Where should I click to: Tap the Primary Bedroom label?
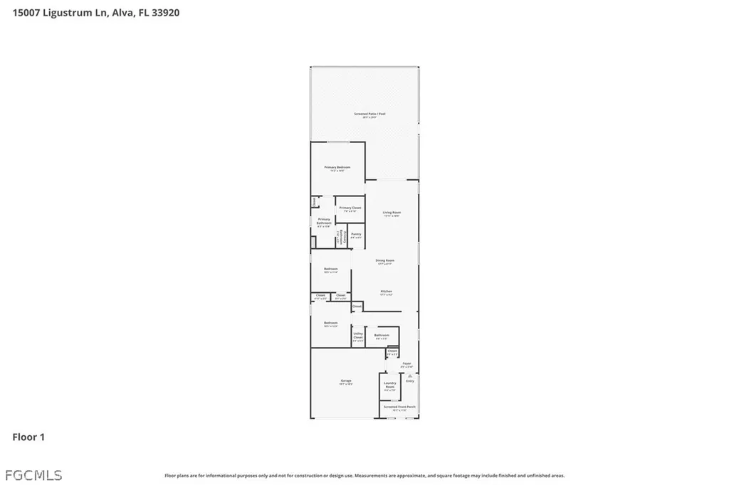[x=337, y=168]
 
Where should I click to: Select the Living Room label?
[x=392, y=213]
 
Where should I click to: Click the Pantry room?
[x=356, y=235]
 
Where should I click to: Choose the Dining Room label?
[x=385, y=261]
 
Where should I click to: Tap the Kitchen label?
[x=386, y=292]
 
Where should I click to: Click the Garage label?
[x=345, y=382]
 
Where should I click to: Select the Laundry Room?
[x=389, y=386]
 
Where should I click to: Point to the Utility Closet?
[x=358, y=336]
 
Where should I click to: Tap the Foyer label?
[x=407, y=364]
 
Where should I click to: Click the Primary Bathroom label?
[x=324, y=222]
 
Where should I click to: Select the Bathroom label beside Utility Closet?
[x=382, y=336]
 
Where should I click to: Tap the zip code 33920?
[x=165, y=12]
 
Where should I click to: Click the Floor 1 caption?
[x=28, y=437]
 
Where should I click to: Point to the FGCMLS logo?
[x=33, y=474]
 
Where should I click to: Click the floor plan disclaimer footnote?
[x=364, y=476]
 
